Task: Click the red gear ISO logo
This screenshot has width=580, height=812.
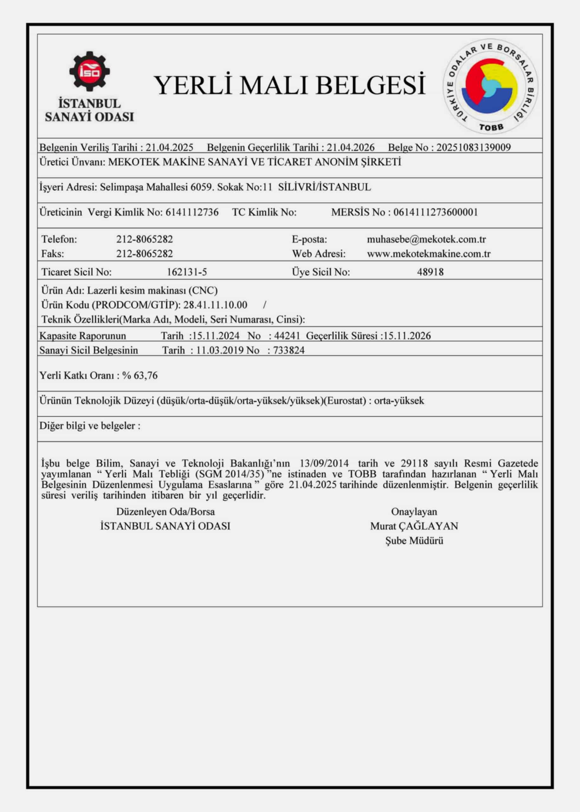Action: [89, 71]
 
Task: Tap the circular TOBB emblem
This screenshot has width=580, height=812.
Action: [491, 87]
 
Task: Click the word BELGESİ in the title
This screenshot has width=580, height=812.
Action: [370, 86]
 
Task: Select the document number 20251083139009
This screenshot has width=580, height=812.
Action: [473, 147]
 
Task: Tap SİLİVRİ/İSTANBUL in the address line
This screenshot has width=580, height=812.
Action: [324, 187]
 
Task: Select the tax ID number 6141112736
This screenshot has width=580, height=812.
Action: [192, 212]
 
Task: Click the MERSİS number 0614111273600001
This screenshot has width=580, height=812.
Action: [435, 212]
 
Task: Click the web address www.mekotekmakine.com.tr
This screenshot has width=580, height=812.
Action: [428, 254]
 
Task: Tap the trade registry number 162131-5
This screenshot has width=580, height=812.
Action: [187, 272]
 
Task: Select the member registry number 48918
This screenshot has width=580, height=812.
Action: [430, 272]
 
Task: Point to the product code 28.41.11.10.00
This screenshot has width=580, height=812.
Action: [215, 305]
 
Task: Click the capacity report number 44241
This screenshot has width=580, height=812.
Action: [287, 336]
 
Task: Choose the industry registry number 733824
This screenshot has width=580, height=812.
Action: [289, 350]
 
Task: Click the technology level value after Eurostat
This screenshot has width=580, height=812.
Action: [399, 401]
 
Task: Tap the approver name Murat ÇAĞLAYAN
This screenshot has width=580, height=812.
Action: [414, 526]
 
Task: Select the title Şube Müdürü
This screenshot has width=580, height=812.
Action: [414, 541]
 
